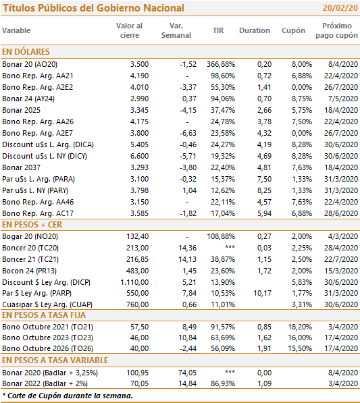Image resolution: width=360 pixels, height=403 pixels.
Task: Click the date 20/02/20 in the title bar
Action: pos(340,8)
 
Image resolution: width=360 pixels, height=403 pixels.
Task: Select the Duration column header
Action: pos(255,30)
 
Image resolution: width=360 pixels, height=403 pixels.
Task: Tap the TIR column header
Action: pos(218,30)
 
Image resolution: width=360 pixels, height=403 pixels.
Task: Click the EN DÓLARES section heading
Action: pos(26,52)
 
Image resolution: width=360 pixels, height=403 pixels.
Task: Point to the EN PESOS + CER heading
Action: pos(32,225)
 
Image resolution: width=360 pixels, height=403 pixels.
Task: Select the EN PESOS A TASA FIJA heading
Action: pos(44,315)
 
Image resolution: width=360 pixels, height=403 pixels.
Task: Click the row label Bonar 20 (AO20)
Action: pos(30,64)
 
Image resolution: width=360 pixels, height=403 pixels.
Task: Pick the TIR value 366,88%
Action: pos(221,64)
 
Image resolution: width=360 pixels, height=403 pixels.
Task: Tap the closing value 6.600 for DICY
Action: pos(139,156)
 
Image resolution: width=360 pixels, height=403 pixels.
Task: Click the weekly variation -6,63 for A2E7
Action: pos(188,133)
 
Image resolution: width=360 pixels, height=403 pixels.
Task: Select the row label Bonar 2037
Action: pos(22,167)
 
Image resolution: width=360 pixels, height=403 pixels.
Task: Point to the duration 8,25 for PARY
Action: pos(264,190)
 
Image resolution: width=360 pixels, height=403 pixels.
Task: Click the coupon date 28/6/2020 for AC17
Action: pos(341,213)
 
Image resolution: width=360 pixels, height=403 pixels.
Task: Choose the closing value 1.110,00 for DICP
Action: pos(134,282)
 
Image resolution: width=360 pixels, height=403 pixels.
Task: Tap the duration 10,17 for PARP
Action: pos(263,293)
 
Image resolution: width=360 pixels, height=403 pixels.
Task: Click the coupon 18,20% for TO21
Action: pos(300,327)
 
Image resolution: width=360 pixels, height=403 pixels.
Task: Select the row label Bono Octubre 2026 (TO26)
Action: pos(47,348)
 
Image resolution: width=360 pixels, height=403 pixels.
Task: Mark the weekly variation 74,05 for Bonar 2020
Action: pos(188,373)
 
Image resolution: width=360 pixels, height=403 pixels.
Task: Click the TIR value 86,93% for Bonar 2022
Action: pos(223,383)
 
